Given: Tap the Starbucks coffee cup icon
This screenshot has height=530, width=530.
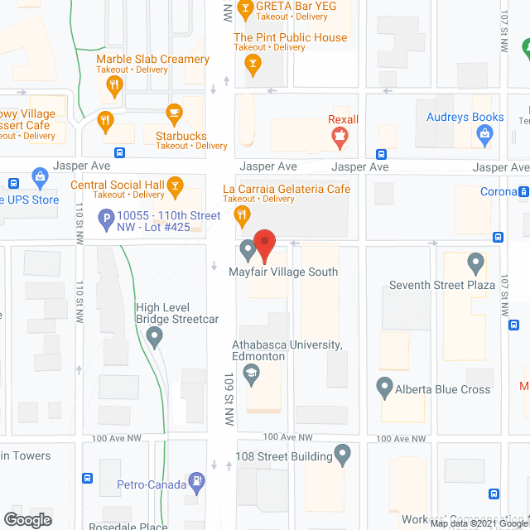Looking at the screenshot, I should [174, 113].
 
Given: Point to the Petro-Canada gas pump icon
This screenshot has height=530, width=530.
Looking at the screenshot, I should [196, 479].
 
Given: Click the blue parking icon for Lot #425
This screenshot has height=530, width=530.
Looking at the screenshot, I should [105, 220].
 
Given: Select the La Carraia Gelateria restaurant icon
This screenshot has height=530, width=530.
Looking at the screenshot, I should [242, 217].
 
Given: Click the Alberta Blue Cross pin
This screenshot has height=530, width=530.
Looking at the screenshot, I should [383, 387].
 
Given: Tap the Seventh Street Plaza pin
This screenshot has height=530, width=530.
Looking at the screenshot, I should [475, 264].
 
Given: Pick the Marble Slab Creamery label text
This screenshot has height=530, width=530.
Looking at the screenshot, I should [152, 59].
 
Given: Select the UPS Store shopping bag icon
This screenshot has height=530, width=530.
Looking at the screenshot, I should [39, 176].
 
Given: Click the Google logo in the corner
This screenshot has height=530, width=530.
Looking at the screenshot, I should [26, 519].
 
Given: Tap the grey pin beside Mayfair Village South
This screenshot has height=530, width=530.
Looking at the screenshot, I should [247, 248].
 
